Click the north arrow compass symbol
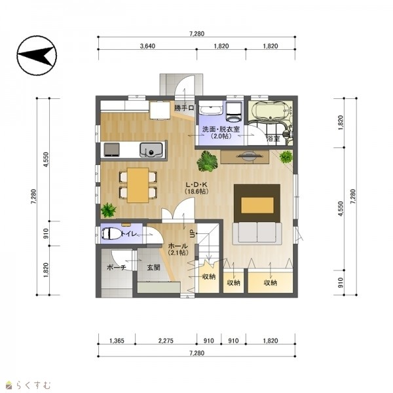coord(37,56)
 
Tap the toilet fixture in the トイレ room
coord(110,234)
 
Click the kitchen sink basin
coord(151,150)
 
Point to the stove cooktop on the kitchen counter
coord(111,149)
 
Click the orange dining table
coord(138,185)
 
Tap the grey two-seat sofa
coord(257,233)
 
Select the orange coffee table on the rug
coord(257,205)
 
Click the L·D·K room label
coord(196,185)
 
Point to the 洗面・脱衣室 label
coord(221,129)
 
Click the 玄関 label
coord(153,268)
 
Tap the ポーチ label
coord(117,267)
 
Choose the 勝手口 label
coord(184,108)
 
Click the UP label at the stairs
coord(193,234)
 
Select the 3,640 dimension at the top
coord(147,46)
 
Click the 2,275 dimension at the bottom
coord(166,341)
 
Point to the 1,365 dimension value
coord(117,341)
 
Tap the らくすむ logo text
coord(33,384)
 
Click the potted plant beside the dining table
coord(109,210)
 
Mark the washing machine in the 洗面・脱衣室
coord(234,111)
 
